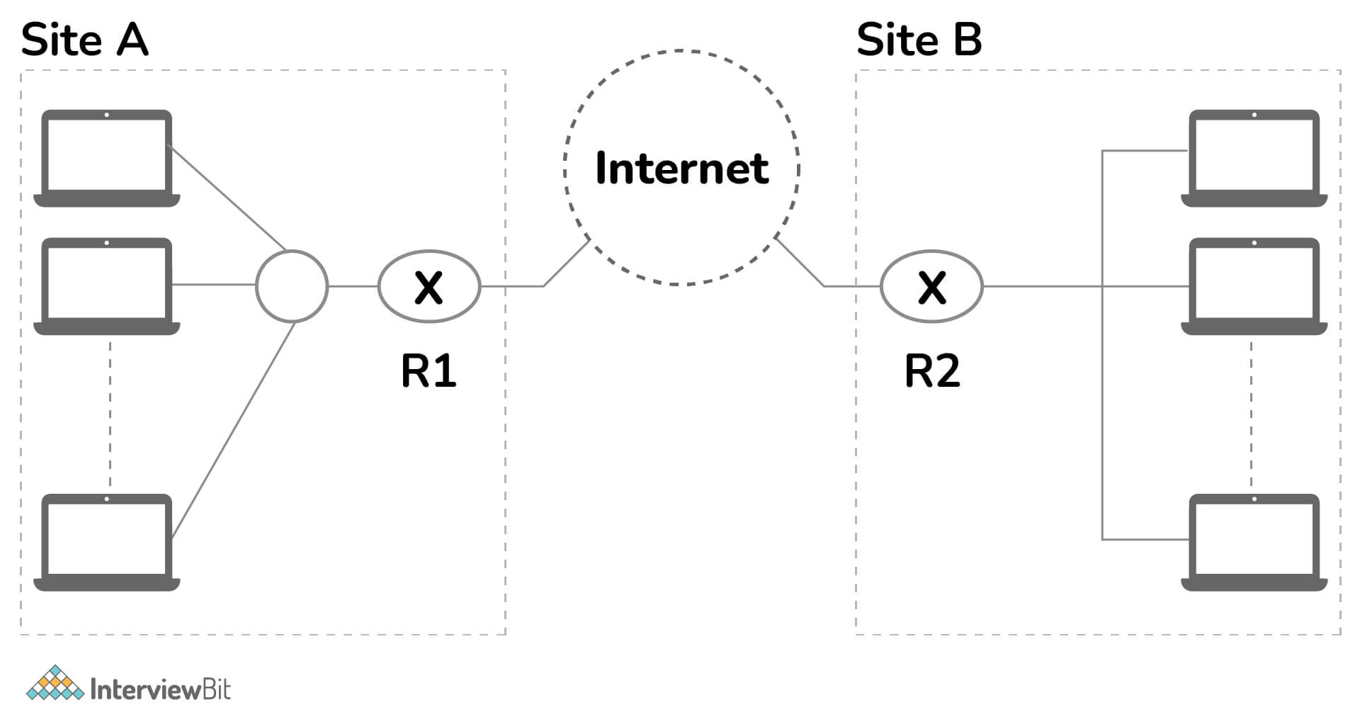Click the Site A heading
coord(84,40)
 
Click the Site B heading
coord(919,40)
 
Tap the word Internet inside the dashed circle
coord(681,169)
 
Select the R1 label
coord(429,371)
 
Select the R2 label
coord(932,371)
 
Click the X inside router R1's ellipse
coord(429,288)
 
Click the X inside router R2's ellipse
coord(932,288)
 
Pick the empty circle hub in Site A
coord(292,285)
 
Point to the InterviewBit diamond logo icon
coord(55,684)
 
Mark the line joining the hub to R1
coord(353,286)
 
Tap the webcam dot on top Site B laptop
coord(1254,115)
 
